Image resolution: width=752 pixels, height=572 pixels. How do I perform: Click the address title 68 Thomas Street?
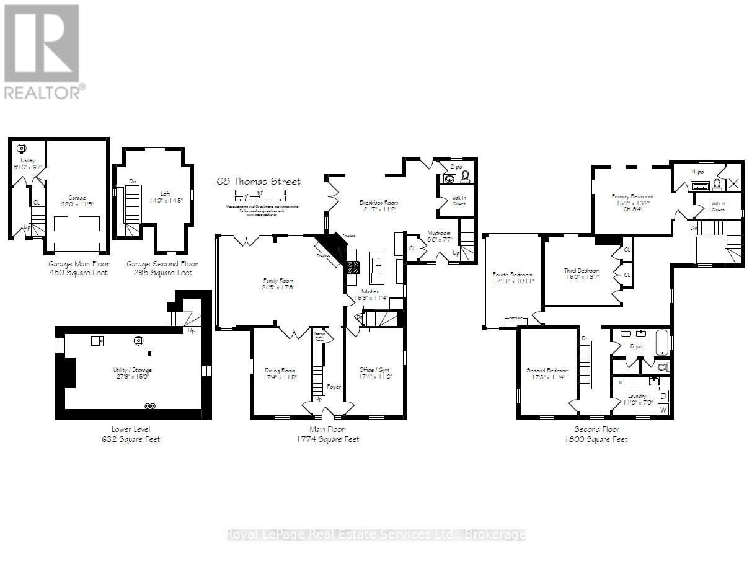click(259, 182)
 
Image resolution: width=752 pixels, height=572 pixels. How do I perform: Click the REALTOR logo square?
click(42, 43)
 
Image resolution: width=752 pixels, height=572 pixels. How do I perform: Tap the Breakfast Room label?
click(379, 203)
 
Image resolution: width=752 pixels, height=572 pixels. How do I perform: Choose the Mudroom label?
click(440, 233)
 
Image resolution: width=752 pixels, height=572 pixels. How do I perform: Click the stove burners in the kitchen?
click(353, 267)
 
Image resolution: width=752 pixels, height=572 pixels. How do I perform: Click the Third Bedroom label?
click(582, 271)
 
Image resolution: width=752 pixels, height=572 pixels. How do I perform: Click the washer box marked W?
click(663, 409)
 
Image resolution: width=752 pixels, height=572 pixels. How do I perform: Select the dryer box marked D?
click(663, 395)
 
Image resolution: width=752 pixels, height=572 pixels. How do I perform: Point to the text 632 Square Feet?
click(131, 439)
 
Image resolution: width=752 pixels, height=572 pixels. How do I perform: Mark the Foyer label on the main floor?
click(335, 386)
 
